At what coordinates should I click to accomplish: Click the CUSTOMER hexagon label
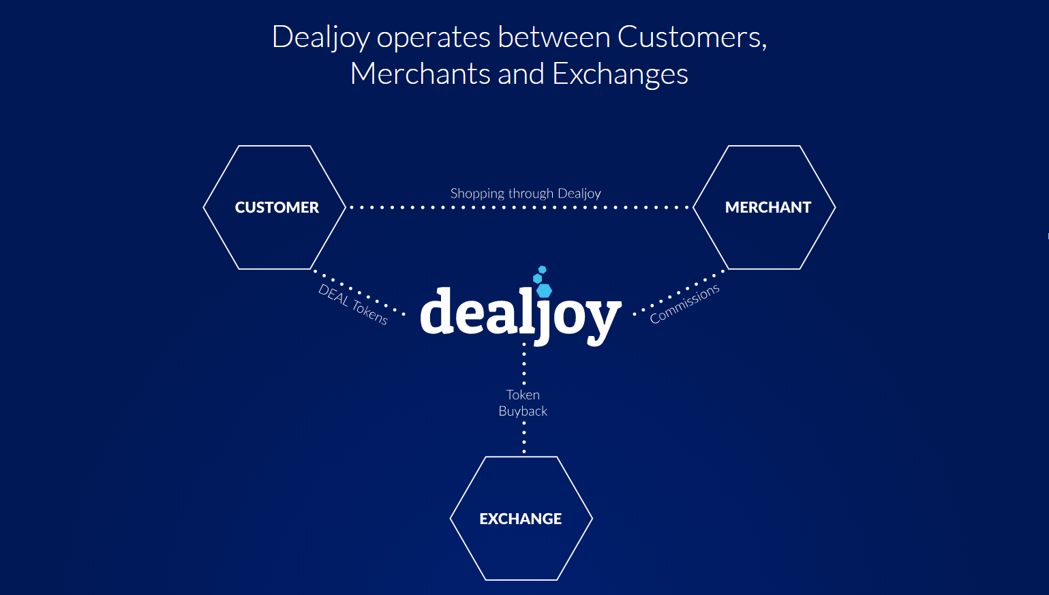coord(277,207)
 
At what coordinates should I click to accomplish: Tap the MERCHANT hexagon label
coord(768,207)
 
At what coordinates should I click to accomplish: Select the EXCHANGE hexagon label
coord(520,519)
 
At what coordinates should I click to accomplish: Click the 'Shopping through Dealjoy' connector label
coord(526,194)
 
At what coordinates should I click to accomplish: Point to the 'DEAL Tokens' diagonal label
coord(353,304)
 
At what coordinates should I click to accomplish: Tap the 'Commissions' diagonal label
coord(684,304)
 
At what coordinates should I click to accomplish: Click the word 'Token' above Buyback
coord(523,395)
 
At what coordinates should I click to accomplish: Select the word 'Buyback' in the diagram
coord(523,411)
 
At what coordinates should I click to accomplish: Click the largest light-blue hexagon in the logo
coord(544,290)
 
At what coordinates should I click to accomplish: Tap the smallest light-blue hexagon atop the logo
coord(543,270)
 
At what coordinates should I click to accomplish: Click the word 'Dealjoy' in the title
coord(321,37)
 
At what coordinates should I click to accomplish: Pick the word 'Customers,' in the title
coord(692,37)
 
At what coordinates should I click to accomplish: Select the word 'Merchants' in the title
coord(421,74)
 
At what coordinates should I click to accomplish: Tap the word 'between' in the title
coord(554,37)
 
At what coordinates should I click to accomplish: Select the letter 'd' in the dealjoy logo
coord(438,311)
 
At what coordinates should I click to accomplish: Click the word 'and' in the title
coord(521,74)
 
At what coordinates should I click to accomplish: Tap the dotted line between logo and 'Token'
coord(524,364)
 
